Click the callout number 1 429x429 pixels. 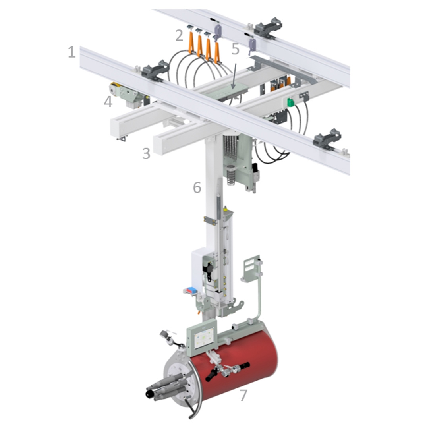[71, 52]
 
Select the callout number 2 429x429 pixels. [179, 35]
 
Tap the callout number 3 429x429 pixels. [146, 153]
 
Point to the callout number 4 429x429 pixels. [108, 102]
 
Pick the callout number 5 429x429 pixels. [235, 49]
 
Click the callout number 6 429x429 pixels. [197, 187]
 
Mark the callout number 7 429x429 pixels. [243, 395]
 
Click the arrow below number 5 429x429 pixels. [234, 76]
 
